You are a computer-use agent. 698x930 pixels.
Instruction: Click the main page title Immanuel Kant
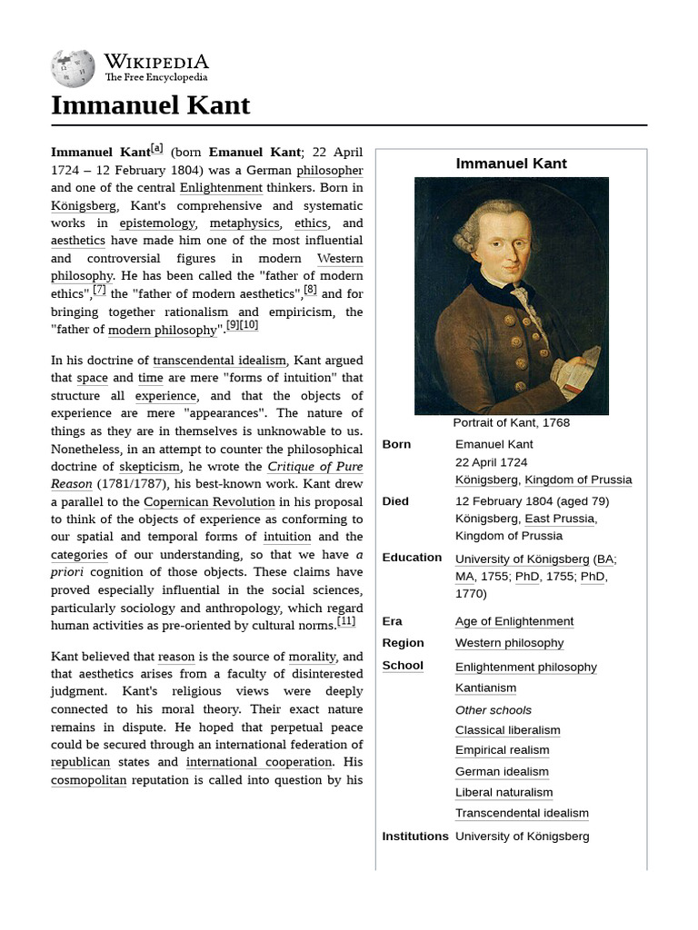click(150, 105)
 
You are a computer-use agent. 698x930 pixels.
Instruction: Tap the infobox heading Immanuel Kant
click(511, 163)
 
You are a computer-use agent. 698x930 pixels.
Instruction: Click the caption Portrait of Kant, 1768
click(511, 422)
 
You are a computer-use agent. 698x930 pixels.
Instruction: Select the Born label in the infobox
click(396, 444)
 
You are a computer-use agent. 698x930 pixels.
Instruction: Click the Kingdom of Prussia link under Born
click(578, 480)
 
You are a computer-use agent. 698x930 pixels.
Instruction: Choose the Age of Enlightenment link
click(514, 621)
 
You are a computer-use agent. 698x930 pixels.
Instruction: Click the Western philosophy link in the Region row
click(509, 643)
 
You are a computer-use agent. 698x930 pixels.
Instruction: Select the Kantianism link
click(485, 688)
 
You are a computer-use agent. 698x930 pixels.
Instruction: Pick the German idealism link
click(502, 772)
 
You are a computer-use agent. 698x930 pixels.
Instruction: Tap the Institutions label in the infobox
click(415, 836)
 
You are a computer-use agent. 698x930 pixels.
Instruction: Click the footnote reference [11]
click(346, 621)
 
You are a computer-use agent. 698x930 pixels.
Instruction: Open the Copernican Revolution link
click(209, 501)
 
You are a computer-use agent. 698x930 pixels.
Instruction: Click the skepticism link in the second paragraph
click(150, 467)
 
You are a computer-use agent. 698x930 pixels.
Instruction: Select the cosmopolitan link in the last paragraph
click(88, 780)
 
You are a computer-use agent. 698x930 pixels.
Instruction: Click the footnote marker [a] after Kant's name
click(157, 148)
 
